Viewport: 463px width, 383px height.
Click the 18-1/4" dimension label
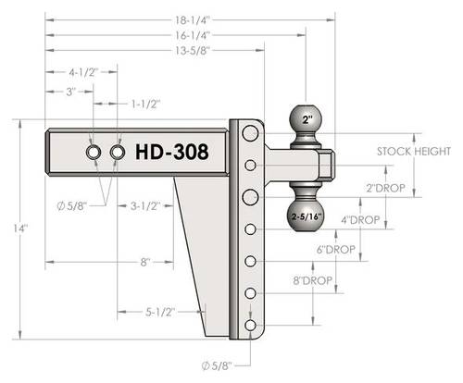click(x=193, y=20)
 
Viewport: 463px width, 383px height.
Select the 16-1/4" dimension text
click(x=193, y=35)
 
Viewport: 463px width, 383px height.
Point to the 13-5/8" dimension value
click(x=193, y=50)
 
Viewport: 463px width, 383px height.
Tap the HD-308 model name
click(x=172, y=152)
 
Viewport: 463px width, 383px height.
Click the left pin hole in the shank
click(x=94, y=152)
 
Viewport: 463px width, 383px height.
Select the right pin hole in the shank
click(x=118, y=152)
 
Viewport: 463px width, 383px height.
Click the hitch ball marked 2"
click(x=306, y=119)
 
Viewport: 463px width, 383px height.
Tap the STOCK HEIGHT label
click(x=414, y=152)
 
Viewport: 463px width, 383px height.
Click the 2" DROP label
click(x=385, y=188)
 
